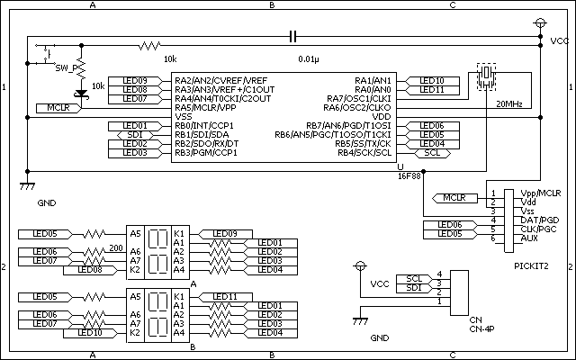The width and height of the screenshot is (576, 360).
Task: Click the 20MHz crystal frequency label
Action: [x=509, y=103]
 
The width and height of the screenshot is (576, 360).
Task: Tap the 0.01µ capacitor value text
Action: [x=308, y=58]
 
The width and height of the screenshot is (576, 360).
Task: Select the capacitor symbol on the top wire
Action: [x=292, y=36]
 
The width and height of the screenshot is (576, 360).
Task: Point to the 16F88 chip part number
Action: [x=409, y=176]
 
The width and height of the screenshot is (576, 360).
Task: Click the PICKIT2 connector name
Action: [x=531, y=266]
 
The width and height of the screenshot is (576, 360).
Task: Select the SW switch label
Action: [x=62, y=67]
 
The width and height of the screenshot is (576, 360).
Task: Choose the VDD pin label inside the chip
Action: [x=382, y=116]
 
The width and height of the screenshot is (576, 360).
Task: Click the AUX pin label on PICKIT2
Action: [x=506, y=238]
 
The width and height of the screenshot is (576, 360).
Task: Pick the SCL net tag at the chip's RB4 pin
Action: [x=432, y=153]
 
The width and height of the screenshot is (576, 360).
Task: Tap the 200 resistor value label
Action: [x=115, y=247]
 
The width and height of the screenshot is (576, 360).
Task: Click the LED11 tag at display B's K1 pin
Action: [x=226, y=296]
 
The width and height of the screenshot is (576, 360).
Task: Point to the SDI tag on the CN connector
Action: [x=414, y=287]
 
